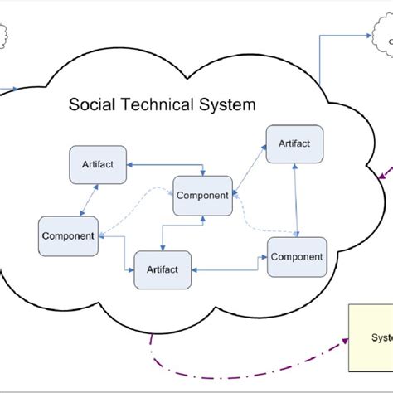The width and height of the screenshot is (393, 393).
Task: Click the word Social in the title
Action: pyautogui.click(x=91, y=106)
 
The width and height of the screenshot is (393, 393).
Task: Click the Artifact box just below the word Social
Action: pyautogui.click(x=98, y=164)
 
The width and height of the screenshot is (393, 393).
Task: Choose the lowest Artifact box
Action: pyautogui.click(x=164, y=270)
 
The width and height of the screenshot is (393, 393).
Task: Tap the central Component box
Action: pyautogui.click(x=202, y=195)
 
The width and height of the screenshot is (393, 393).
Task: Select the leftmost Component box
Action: pyautogui.click(x=68, y=235)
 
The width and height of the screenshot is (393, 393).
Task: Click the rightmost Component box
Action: pyautogui.click(x=297, y=256)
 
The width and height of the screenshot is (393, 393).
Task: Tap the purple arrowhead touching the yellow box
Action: pyautogui.click(x=344, y=340)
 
